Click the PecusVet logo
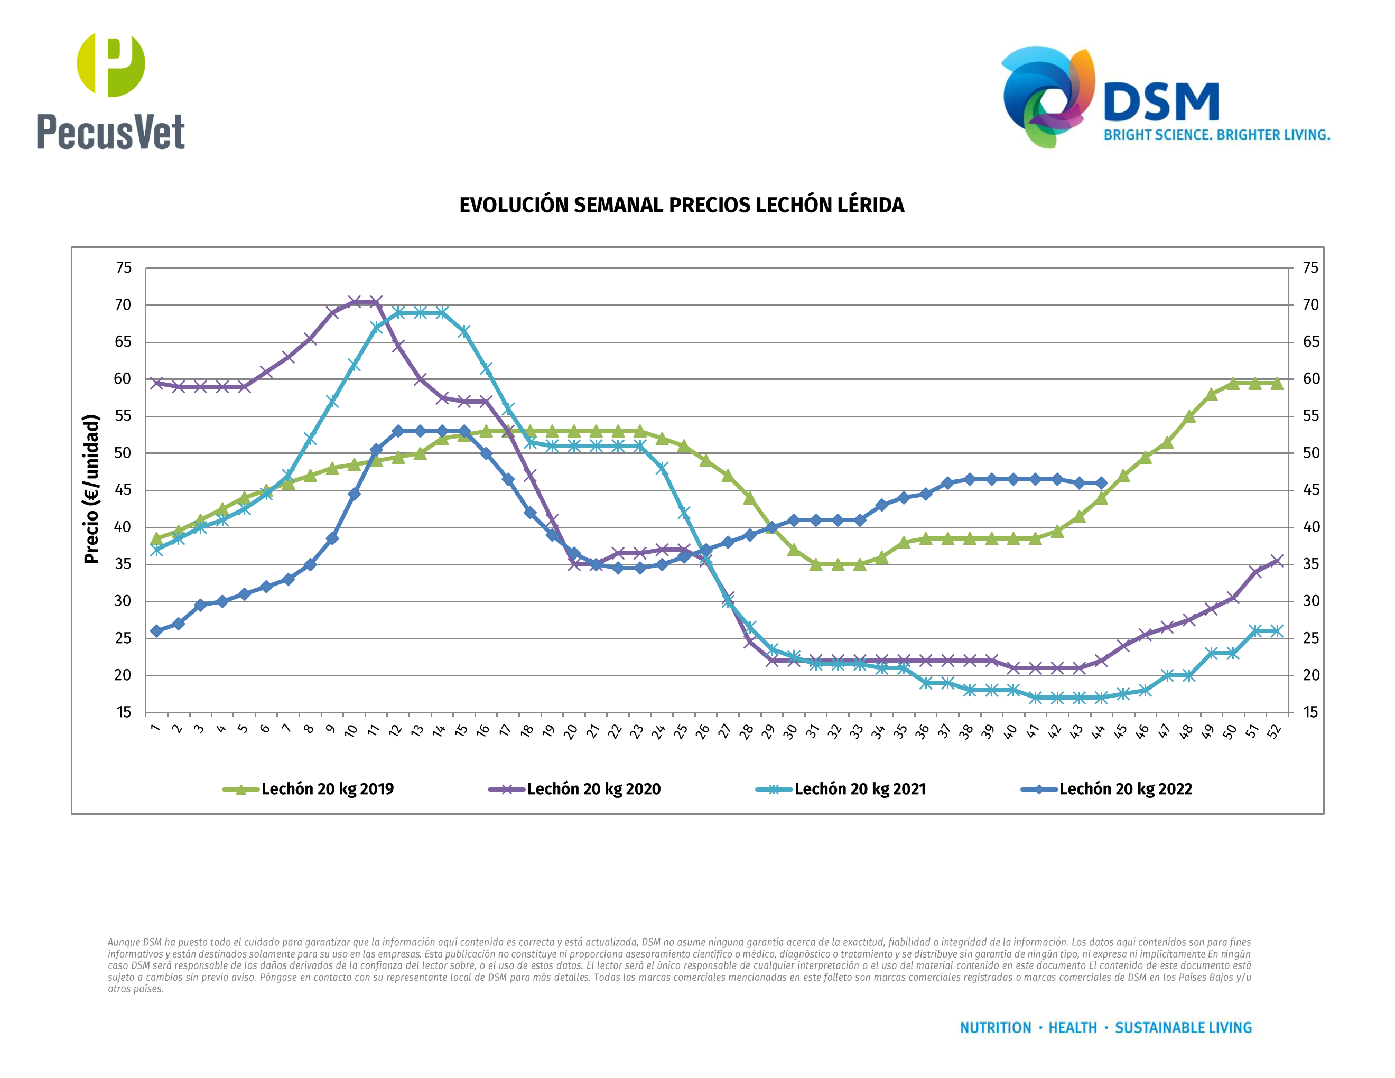110,91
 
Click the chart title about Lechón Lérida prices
682,205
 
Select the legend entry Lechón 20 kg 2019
327,789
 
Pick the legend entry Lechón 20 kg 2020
593,789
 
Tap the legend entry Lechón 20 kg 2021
860,789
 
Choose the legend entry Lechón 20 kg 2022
1126,789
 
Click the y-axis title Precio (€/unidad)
92,489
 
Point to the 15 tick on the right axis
1310,713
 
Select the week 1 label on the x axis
155,729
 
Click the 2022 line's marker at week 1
156,631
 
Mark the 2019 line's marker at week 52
1277,383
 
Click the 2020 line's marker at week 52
1277,561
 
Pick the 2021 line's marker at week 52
1277,631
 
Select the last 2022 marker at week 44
1101,484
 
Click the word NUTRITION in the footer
995,1028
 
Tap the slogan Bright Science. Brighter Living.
1217,135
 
